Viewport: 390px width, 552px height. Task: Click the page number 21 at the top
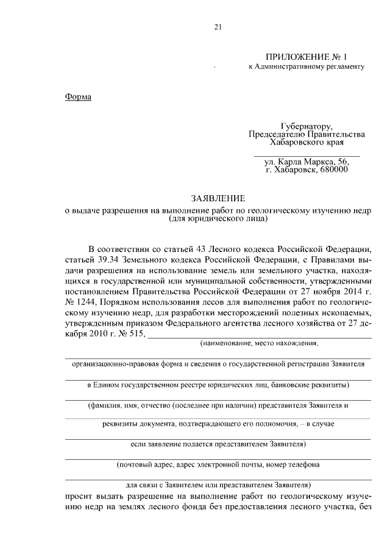[x=218, y=26]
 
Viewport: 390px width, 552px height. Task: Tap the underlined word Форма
[x=77, y=97]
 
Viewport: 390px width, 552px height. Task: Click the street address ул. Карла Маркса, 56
[x=306, y=162]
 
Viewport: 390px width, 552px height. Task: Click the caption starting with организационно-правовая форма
[x=218, y=364]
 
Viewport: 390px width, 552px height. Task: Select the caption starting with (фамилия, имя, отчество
[x=218, y=405]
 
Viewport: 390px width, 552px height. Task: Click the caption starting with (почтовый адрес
[x=218, y=465]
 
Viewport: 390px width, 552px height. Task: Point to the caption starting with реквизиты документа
[x=218, y=423]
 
